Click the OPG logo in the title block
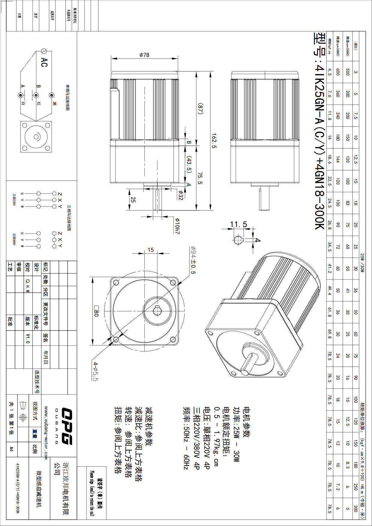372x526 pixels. point(66,426)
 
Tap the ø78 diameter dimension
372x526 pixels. point(144,55)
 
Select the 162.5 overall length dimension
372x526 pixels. point(214,141)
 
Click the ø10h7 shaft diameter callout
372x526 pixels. point(177,226)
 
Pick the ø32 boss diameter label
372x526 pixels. point(180,195)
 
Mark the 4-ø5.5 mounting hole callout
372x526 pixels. point(96,371)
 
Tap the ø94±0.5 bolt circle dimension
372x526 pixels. point(193,260)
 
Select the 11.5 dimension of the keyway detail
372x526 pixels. point(238,224)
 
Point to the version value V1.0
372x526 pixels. point(28,338)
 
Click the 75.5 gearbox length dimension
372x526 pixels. point(200,178)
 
